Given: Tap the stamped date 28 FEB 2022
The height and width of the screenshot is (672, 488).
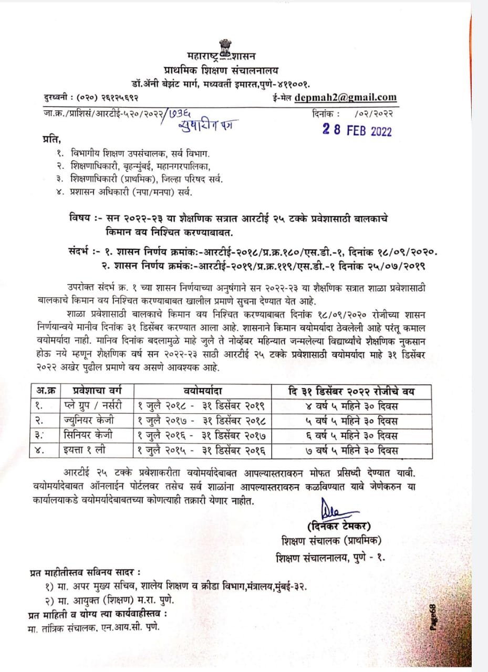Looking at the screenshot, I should click(357, 131).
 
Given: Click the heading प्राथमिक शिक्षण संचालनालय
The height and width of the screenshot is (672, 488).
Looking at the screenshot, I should click(221, 70).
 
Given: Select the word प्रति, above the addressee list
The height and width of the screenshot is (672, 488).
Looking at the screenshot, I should click(51, 139).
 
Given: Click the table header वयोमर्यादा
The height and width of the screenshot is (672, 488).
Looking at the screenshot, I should click(202, 391).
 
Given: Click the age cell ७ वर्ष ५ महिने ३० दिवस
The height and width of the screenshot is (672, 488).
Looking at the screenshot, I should click(351, 450).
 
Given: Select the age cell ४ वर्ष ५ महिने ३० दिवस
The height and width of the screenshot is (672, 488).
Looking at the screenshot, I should click(351, 406).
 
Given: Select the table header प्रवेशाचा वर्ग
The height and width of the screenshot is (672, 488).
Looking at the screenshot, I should click(92, 391).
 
